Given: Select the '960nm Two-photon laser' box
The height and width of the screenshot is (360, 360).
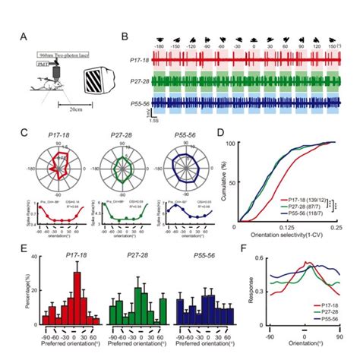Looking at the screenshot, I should coord(55,56).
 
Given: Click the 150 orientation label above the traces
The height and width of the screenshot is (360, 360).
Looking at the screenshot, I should coord(333,46).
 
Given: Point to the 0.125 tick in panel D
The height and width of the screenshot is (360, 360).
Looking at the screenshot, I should coord(285,227).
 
